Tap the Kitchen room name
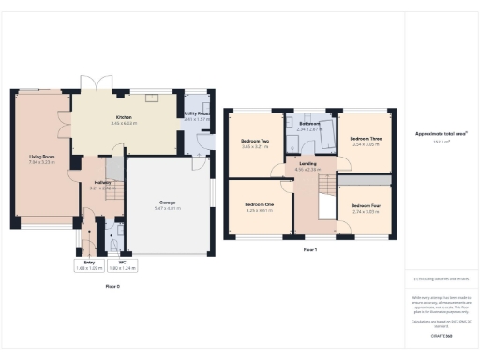tap(124, 118)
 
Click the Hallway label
tap(102, 184)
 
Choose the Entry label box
tap(89, 262)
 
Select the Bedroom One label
tap(260, 204)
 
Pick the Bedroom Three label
tap(363, 141)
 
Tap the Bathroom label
tap(309, 124)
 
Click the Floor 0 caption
tap(112, 286)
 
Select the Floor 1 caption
tap(310, 250)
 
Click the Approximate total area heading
tap(441, 134)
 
